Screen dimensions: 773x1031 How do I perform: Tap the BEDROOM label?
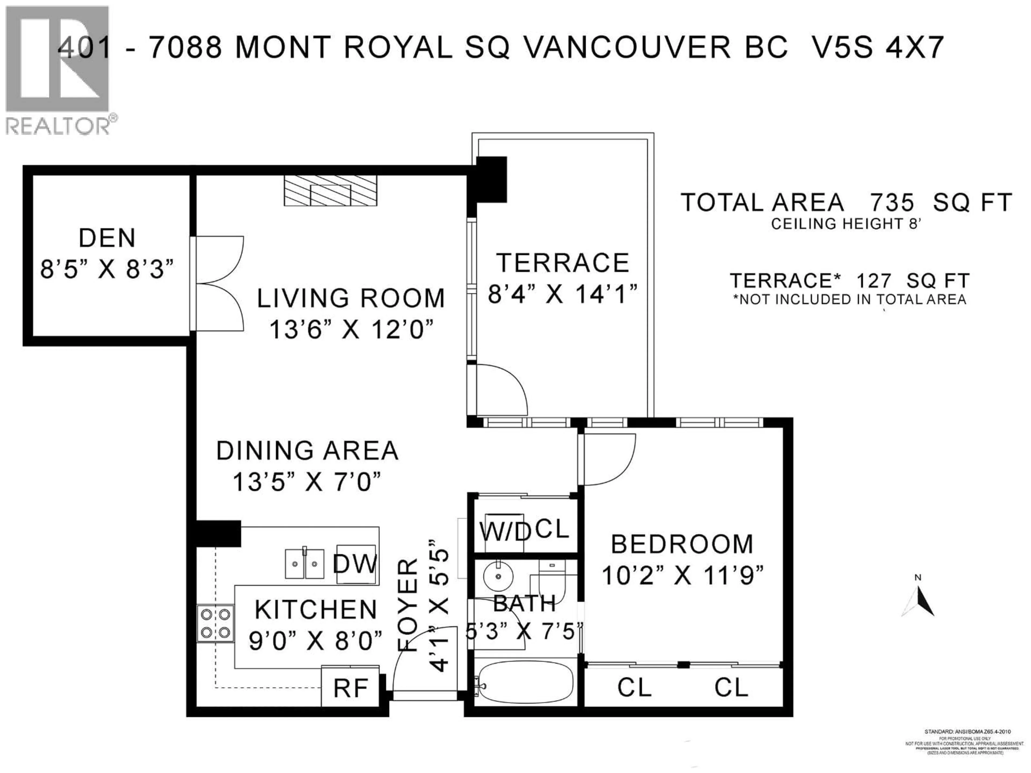tap(682, 544)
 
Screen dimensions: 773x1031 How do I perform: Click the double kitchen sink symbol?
tap(304, 564)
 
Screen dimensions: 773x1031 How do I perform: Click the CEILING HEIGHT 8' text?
tap(846, 224)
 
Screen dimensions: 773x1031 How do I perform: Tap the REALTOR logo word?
tap(58, 126)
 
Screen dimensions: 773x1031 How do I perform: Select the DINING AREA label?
tap(307, 451)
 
